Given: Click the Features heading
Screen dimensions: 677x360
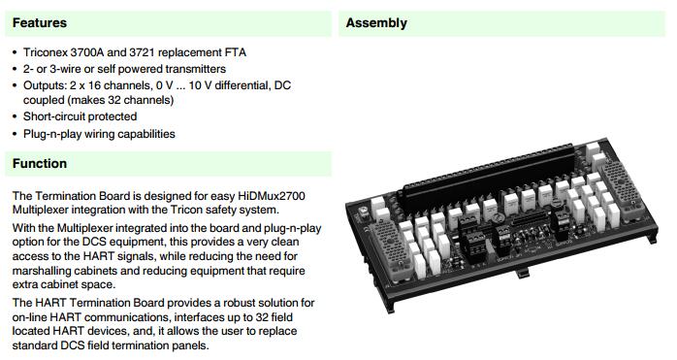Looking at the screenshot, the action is click(x=40, y=23).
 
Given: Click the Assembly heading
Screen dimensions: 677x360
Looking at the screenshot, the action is click(x=376, y=23).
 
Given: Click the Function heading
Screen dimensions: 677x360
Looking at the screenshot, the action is click(x=40, y=163).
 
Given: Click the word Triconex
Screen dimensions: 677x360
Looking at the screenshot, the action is click(x=46, y=52).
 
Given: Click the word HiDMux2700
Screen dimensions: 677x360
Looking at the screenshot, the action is click(x=272, y=196).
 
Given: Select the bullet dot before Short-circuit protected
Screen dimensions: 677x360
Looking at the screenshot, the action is click(x=16, y=116).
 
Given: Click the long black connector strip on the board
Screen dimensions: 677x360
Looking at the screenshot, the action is click(x=489, y=178).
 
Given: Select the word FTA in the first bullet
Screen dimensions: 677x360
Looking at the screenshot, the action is click(x=236, y=52).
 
